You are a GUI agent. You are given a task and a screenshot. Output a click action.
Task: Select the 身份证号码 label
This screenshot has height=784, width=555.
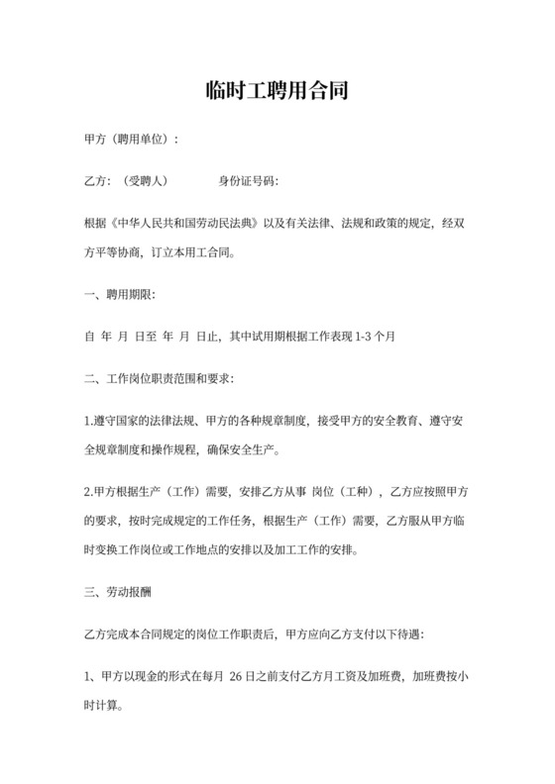(x=248, y=181)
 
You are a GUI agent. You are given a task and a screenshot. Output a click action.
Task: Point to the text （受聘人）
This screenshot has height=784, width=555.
(x=145, y=181)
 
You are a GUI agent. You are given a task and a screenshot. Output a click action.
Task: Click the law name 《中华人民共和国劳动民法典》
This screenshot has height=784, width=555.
(x=188, y=224)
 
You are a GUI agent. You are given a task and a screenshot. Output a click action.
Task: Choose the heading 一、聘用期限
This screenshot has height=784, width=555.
(x=121, y=294)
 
